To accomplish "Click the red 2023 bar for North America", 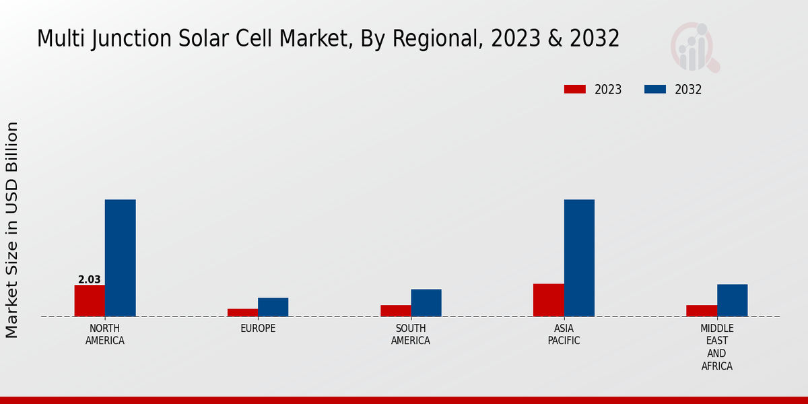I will tap(90, 300).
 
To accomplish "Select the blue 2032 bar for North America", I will tap(121, 258).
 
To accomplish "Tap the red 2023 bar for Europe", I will tap(242, 312).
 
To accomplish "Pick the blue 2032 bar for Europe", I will tap(273, 307).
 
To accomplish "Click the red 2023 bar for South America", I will tap(395, 310).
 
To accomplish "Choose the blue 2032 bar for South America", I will tap(426, 303).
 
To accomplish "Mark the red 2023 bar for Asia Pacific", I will tap(548, 300).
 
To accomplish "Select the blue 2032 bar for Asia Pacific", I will tap(579, 258).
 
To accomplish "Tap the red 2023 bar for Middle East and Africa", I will tap(702, 310).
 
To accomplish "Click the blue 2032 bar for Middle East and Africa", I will tap(733, 300).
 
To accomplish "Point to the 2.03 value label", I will tap(89, 279).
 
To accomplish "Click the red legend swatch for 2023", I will tap(575, 90).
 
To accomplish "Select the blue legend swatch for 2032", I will tap(655, 90).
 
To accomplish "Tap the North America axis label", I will tap(105, 335).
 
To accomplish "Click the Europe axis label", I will tap(258, 329).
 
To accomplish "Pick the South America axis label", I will tap(411, 335).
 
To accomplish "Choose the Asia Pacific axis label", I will tap(564, 335).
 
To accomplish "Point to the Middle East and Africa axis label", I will tap(717, 347).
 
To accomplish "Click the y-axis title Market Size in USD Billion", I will tap(12, 230).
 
